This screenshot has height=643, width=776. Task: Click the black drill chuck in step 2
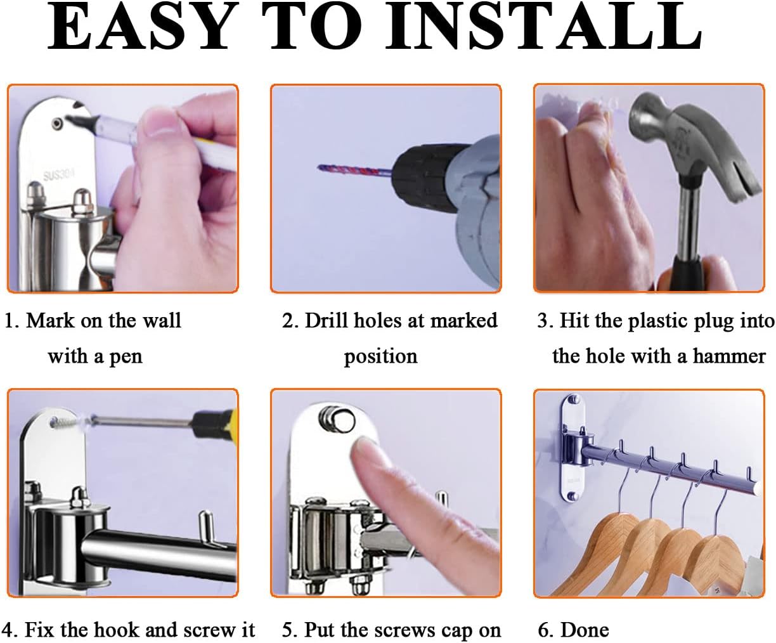(x=427, y=178)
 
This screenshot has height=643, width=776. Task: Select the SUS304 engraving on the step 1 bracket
(x=59, y=174)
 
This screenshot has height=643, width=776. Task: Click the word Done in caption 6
(x=585, y=630)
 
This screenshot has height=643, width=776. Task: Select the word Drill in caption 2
(x=327, y=320)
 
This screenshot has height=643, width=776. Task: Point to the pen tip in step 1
(x=68, y=119)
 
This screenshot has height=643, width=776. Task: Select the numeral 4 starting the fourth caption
(x=8, y=630)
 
